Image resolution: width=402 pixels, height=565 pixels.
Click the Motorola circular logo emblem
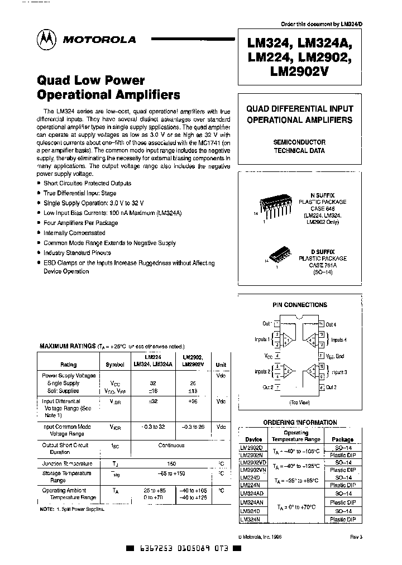(x=46, y=40)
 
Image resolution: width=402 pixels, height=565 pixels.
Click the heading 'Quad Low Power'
(x=90, y=80)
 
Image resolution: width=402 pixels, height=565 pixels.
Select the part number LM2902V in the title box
(x=301, y=71)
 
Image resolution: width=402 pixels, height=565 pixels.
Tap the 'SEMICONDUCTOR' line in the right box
(x=299, y=142)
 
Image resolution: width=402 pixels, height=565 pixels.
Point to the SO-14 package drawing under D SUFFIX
(x=279, y=256)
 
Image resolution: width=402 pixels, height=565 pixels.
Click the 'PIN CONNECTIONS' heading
(x=299, y=305)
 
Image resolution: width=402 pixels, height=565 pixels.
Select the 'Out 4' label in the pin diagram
(x=331, y=324)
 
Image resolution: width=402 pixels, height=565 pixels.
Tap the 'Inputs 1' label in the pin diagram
(x=262, y=339)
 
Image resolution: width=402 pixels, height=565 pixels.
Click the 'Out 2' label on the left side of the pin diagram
(x=267, y=387)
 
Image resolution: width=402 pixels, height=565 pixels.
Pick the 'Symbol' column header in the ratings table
(x=115, y=364)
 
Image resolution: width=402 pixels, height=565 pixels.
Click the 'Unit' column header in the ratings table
(x=221, y=364)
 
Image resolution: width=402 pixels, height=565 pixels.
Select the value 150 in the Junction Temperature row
(x=172, y=464)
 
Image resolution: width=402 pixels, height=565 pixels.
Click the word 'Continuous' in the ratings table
(x=171, y=446)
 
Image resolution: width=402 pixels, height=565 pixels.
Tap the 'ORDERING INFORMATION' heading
(x=299, y=423)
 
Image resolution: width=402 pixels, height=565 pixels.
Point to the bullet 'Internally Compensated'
(x=74, y=233)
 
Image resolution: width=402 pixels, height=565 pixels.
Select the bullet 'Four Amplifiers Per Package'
(x=82, y=223)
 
